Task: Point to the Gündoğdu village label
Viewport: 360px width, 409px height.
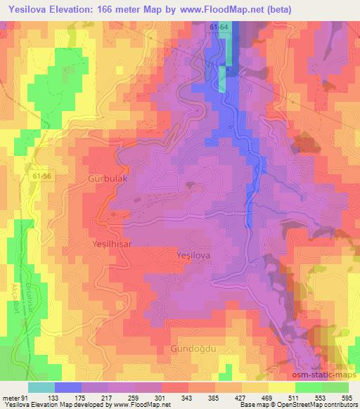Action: (192, 349)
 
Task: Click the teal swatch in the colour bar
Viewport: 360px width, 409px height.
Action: (41, 387)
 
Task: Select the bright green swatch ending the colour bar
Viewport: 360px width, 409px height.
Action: (335, 387)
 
